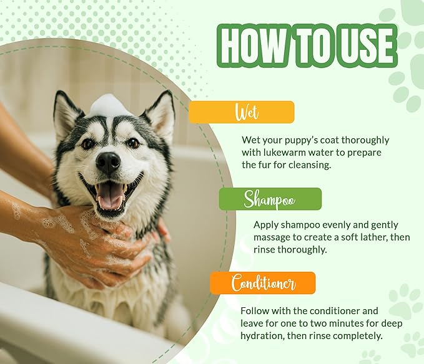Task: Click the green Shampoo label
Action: [x=270, y=199]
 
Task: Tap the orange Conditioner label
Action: [x=263, y=283]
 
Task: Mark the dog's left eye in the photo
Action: [x=88, y=143]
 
